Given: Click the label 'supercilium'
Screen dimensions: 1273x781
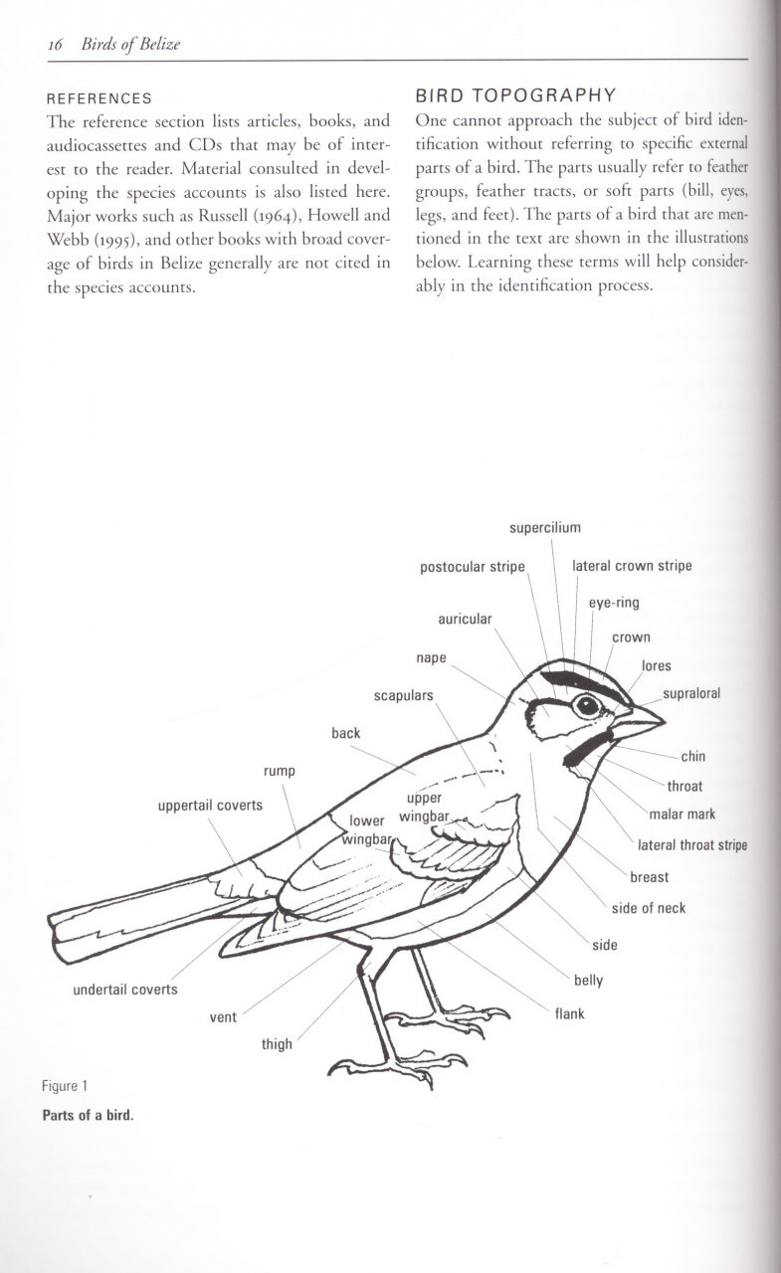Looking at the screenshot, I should tap(544, 527).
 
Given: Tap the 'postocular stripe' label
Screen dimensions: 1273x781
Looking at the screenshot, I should tap(472, 567).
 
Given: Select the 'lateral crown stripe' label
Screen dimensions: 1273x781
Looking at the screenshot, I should tap(632, 567).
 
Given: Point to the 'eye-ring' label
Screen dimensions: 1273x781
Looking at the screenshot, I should tap(614, 603).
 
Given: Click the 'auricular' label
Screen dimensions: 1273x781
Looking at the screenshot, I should tap(465, 619).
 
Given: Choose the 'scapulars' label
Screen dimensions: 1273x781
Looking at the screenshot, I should tap(403, 695).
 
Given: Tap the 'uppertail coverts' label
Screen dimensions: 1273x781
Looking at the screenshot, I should tap(210, 805).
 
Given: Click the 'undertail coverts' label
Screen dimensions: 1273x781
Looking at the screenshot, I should tap(124, 990).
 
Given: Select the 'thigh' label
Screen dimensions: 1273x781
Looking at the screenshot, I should tap(277, 1044).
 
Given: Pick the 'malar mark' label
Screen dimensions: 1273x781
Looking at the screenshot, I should tap(683, 815).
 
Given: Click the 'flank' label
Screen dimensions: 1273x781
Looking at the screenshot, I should tap(569, 1014).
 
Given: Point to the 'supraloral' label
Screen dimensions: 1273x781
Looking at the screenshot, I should tap(691, 694).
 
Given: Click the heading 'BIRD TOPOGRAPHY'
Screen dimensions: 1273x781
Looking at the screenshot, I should tap(514, 95).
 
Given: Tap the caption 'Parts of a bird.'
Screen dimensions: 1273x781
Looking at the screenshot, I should tap(88, 1114).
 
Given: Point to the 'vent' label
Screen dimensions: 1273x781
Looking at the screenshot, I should tap(223, 1017).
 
